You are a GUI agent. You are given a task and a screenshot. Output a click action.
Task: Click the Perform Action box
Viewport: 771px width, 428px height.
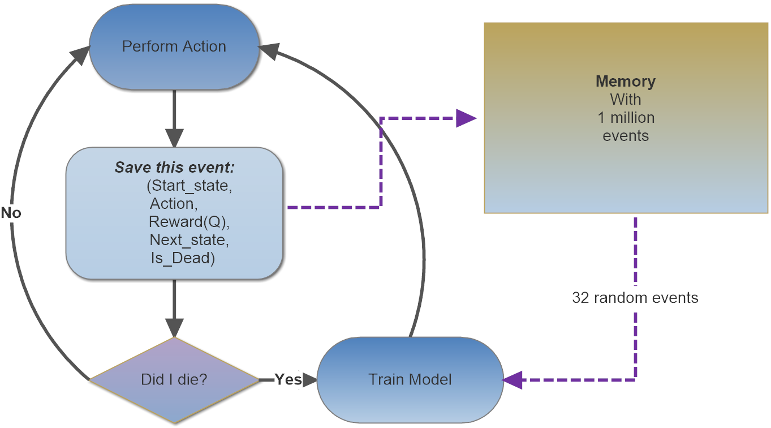(x=174, y=46)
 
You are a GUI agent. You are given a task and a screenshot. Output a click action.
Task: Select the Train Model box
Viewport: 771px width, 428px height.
(x=410, y=379)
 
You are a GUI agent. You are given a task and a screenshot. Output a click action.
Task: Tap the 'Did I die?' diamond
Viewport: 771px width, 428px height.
(x=174, y=379)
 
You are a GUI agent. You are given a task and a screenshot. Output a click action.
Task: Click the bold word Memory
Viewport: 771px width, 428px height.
(x=626, y=82)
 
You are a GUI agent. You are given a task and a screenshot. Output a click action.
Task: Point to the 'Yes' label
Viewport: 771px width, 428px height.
(x=288, y=379)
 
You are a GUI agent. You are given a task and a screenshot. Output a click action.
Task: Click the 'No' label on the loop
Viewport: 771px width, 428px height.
(x=11, y=213)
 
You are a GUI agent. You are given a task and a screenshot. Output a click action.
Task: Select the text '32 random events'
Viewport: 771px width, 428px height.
(x=635, y=298)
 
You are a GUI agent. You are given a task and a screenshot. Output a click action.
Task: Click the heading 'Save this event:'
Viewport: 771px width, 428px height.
(x=175, y=168)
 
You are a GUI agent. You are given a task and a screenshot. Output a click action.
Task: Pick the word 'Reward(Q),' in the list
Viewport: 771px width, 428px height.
(x=189, y=221)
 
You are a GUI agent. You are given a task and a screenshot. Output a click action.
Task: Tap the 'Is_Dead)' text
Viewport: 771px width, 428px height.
(x=180, y=258)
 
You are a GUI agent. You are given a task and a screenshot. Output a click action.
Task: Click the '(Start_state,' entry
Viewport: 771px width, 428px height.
(x=188, y=185)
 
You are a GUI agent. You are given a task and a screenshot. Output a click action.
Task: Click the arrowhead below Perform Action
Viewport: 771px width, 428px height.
(x=174, y=138)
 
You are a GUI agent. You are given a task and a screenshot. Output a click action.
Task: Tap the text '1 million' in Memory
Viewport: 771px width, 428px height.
(x=626, y=118)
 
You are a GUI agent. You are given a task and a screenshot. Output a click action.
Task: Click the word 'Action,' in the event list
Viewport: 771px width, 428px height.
(x=174, y=203)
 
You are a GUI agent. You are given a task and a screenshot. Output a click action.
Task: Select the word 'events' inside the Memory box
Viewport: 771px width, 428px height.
(x=626, y=136)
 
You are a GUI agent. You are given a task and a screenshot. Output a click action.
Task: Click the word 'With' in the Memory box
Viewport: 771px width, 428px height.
(x=626, y=100)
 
